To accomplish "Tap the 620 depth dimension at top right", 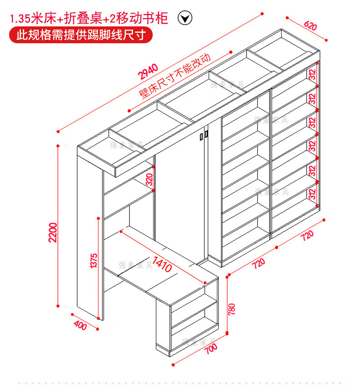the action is click(x=309, y=26).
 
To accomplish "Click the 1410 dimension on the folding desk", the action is click(x=163, y=264).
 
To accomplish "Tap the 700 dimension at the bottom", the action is click(x=209, y=349).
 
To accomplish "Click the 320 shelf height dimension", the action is click(x=149, y=179).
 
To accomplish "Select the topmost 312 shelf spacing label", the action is click(x=312, y=74).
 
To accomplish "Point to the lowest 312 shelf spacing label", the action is click(x=312, y=194).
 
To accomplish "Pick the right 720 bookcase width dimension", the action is click(x=308, y=235).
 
